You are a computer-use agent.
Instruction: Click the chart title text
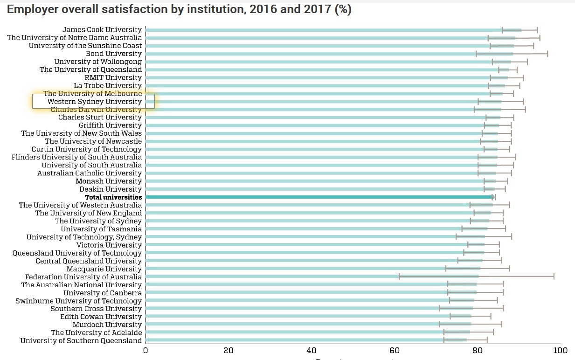179,10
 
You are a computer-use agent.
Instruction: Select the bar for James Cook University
326,30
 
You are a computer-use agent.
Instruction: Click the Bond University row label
113,54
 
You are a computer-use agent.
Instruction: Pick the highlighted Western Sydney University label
94,101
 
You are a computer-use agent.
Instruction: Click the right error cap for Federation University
554,277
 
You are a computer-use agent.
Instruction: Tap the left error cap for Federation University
399,277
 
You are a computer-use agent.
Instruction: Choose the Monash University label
109,181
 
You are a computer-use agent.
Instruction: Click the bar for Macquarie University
312,269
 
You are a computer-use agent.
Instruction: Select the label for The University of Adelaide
96,332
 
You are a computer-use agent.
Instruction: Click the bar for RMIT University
326,77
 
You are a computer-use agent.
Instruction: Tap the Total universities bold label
113,197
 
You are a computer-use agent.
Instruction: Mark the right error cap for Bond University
547,54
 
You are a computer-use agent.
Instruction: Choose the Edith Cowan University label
101,317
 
